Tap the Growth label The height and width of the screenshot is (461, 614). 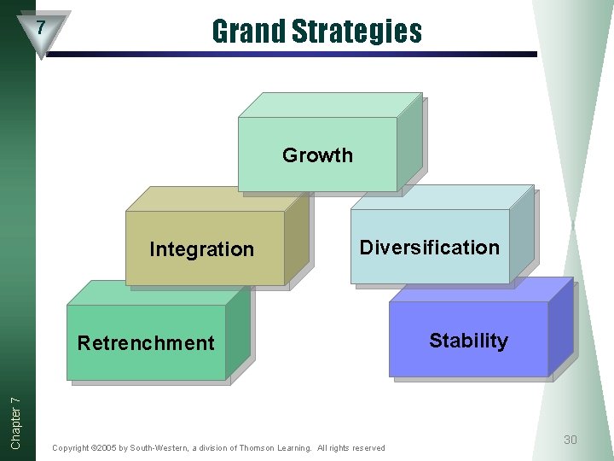(x=317, y=155)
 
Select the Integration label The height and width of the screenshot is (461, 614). (x=201, y=249)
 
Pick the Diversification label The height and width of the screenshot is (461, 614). (x=430, y=248)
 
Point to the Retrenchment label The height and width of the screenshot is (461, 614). (x=146, y=343)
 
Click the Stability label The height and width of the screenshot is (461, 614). (x=468, y=341)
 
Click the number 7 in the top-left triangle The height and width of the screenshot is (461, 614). (x=40, y=27)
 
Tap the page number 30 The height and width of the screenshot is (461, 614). (x=571, y=440)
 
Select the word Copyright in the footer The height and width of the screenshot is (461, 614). (x=71, y=448)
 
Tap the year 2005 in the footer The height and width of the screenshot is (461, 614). (x=109, y=448)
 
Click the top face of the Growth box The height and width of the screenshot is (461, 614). (x=328, y=105)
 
